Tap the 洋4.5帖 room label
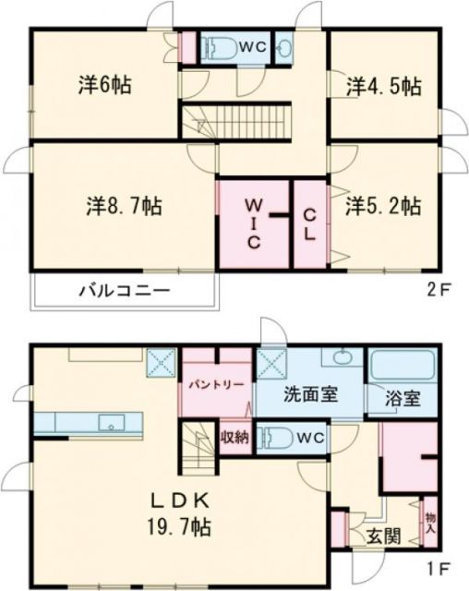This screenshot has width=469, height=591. pos(384,87)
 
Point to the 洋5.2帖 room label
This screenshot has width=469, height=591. pos(384,204)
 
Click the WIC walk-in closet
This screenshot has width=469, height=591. pos(253,222)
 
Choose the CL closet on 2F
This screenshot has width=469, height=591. pos(311,222)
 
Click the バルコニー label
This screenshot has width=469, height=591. pos(123,290)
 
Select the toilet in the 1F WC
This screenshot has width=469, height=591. pos(278,436)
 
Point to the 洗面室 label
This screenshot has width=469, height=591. pos(309,392)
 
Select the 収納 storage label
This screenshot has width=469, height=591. pos(234,437)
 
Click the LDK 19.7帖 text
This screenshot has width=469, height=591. pos(182,513)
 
